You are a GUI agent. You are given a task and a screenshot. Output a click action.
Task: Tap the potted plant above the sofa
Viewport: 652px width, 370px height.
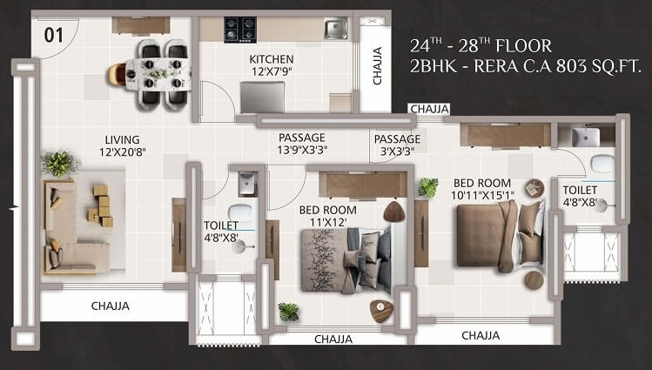point(59,162)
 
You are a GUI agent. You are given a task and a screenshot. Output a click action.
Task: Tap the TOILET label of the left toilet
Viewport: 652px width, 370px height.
point(221,231)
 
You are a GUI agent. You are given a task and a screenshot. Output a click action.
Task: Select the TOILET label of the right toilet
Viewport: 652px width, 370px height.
point(580,196)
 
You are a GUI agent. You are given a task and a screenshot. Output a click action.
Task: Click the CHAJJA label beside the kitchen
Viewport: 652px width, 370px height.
point(377,66)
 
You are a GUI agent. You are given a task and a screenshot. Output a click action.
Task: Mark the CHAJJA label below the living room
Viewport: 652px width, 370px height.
point(111,306)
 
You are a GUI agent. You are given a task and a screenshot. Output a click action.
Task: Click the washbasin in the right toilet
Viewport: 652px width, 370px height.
point(584,137)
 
